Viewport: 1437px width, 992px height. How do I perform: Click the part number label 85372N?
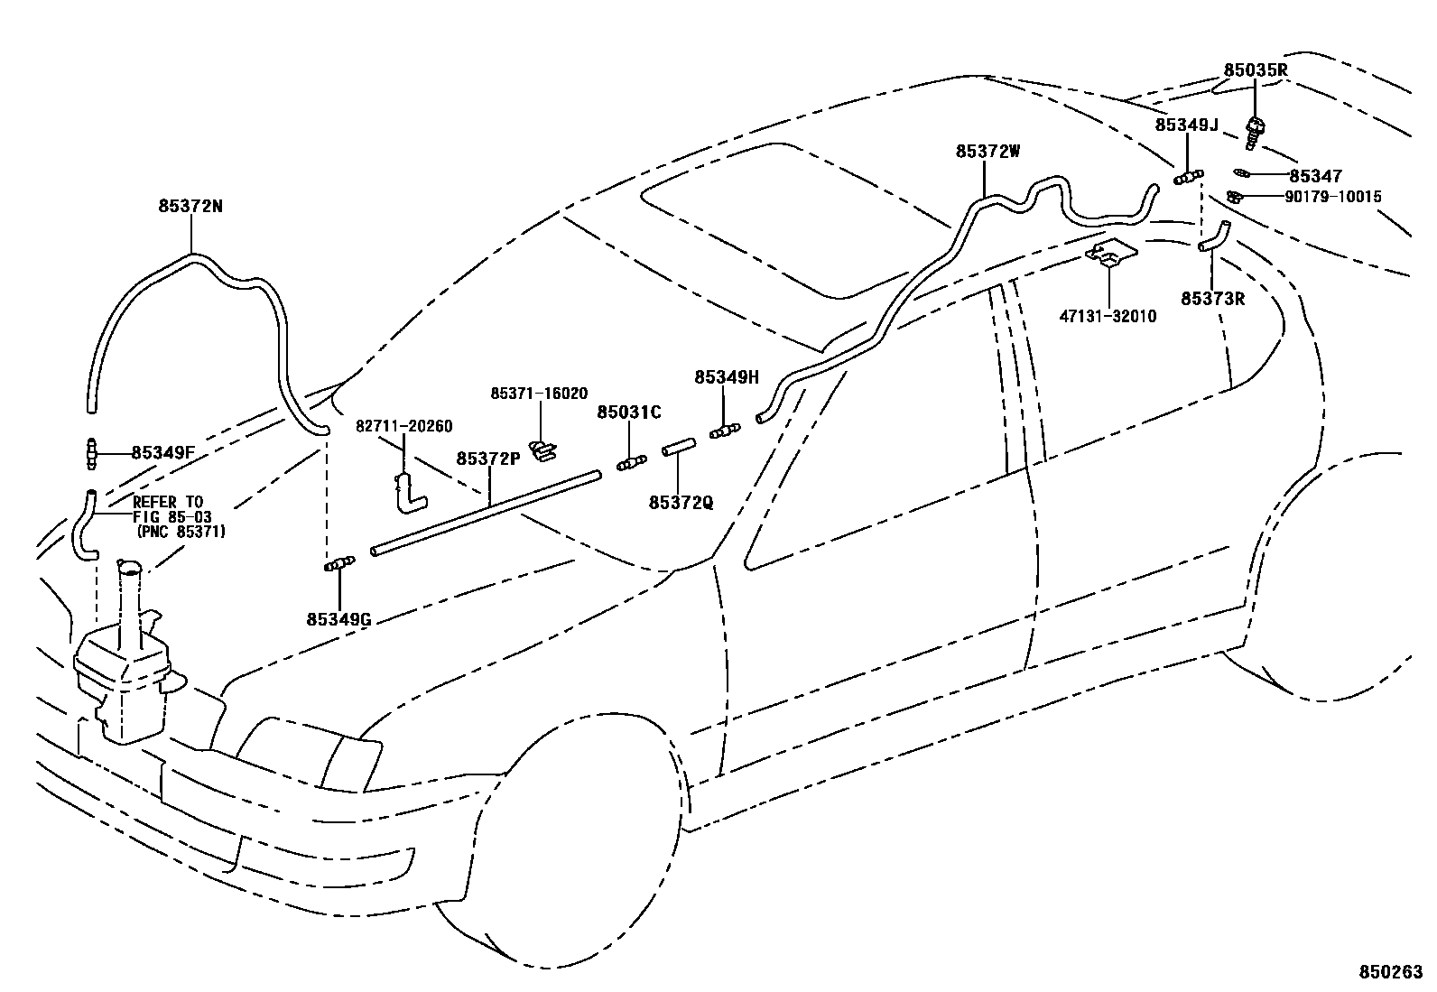[190, 206]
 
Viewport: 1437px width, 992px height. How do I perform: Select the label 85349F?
[163, 452]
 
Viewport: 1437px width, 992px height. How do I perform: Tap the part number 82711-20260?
[403, 426]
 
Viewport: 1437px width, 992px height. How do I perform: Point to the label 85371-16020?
[539, 394]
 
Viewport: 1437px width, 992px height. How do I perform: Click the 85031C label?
[629, 413]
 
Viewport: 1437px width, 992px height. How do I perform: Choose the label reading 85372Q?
[681, 502]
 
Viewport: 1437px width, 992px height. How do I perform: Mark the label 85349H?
[727, 377]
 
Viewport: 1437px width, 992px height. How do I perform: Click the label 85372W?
[988, 152]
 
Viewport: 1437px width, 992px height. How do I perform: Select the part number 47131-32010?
[1108, 317]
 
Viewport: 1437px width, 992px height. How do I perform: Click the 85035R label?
[1256, 70]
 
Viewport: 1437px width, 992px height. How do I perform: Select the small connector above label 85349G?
[338, 565]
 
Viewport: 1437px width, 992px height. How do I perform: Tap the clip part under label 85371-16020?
[542, 449]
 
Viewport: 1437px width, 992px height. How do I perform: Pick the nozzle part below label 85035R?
[1254, 132]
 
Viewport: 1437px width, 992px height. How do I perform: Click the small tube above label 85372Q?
[678, 448]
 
